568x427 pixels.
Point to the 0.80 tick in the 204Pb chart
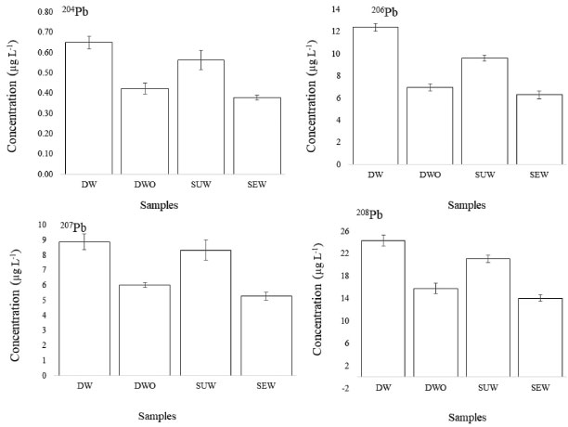click(41, 12)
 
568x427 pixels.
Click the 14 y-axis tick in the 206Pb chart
click(335, 8)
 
